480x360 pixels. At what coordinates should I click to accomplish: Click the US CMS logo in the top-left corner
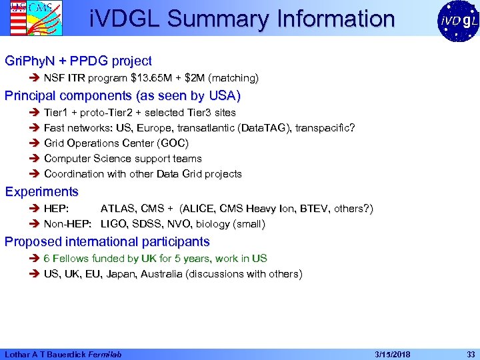tap(26, 18)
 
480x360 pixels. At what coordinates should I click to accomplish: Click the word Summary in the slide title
tap(216, 19)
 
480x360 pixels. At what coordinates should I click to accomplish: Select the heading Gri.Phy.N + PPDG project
tap(78, 61)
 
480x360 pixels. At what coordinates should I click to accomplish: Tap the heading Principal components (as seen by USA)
tap(122, 95)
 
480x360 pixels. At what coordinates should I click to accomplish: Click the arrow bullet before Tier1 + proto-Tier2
tap(35, 113)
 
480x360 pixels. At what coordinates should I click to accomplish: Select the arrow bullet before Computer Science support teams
tap(35, 159)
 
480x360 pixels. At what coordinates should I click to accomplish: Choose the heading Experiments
tap(41, 192)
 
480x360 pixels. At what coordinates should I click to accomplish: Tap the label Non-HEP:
tap(67, 224)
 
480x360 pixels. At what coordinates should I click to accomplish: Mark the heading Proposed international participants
tap(107, 241)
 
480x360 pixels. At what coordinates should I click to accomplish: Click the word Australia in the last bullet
tap(162, 274)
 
